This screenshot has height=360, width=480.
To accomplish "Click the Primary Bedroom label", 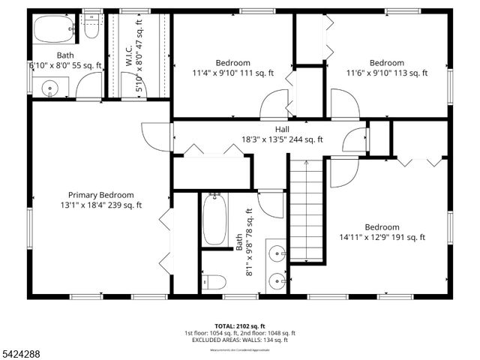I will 100,194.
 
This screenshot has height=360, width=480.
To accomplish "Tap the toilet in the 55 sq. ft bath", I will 92,28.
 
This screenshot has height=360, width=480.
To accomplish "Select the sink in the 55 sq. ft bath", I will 50,88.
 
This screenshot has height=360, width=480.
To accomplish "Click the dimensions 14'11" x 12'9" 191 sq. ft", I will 382,238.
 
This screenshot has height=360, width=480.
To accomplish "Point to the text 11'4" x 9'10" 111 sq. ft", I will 233,73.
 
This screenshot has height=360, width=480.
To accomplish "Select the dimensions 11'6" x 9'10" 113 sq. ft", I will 386,73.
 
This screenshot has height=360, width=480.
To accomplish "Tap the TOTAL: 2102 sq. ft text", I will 239,325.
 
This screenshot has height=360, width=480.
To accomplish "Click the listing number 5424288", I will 22,352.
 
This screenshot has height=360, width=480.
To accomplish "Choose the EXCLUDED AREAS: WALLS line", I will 239,340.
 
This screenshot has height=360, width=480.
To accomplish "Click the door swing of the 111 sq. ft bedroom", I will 275,104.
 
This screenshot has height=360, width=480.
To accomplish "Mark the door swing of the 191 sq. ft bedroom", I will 342,172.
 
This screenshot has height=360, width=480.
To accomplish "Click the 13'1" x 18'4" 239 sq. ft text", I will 100,205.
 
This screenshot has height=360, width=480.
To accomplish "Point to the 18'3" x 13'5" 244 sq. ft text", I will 282,139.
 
